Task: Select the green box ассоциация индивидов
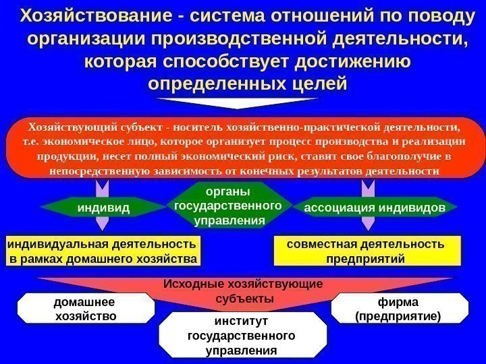coord(375,208)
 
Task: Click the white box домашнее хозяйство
coord(86,309)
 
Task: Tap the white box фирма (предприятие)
coord(400,309)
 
